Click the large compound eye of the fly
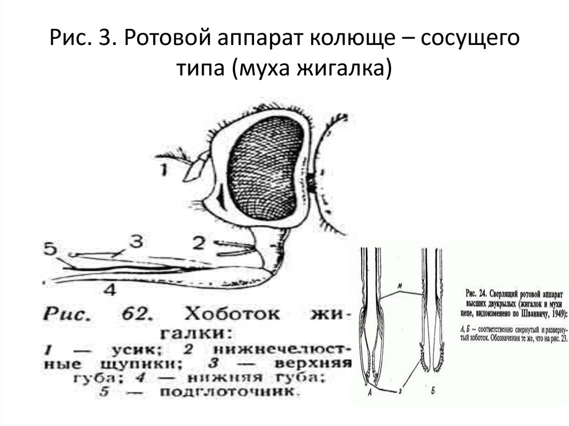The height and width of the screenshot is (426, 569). point(267,167)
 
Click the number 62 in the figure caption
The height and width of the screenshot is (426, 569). point(132,315)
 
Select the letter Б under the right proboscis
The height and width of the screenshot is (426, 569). point(432,393)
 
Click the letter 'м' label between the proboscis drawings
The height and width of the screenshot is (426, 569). point(401,285)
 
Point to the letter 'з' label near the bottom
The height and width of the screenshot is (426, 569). point(401,392)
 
